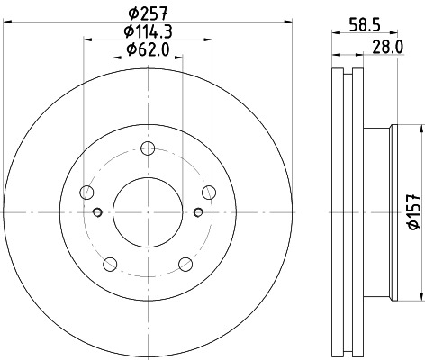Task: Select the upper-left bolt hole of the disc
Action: pyautogui.click(x=87, y=192)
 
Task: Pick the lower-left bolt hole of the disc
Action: pyautogui.click(x=110, y=263)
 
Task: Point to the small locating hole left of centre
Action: pyautogui.click(x=97, y=212)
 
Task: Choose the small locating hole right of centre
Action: pyautogui.click(x=198, y=212)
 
